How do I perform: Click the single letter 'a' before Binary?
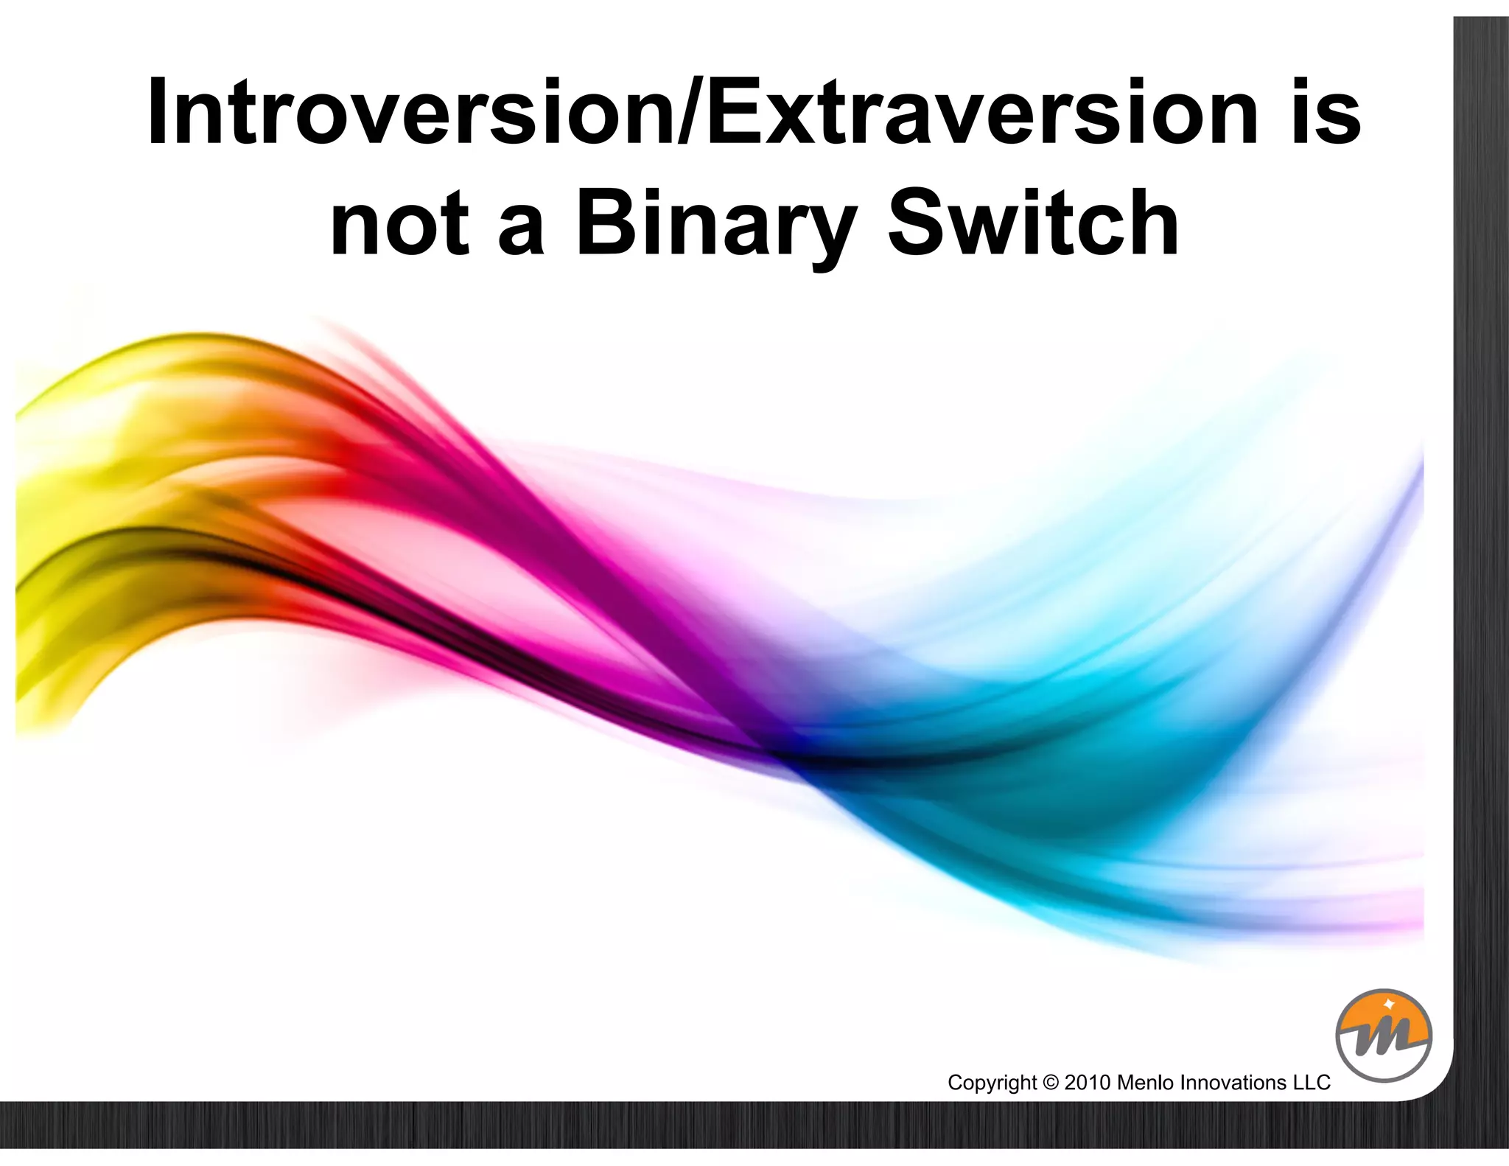click(521, 228)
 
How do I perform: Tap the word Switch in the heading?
click(1032, 224)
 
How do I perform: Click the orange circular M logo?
click(1383, 1035)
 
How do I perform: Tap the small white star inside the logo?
click(1389, 1004)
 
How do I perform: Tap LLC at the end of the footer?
click(1312, 1083)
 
